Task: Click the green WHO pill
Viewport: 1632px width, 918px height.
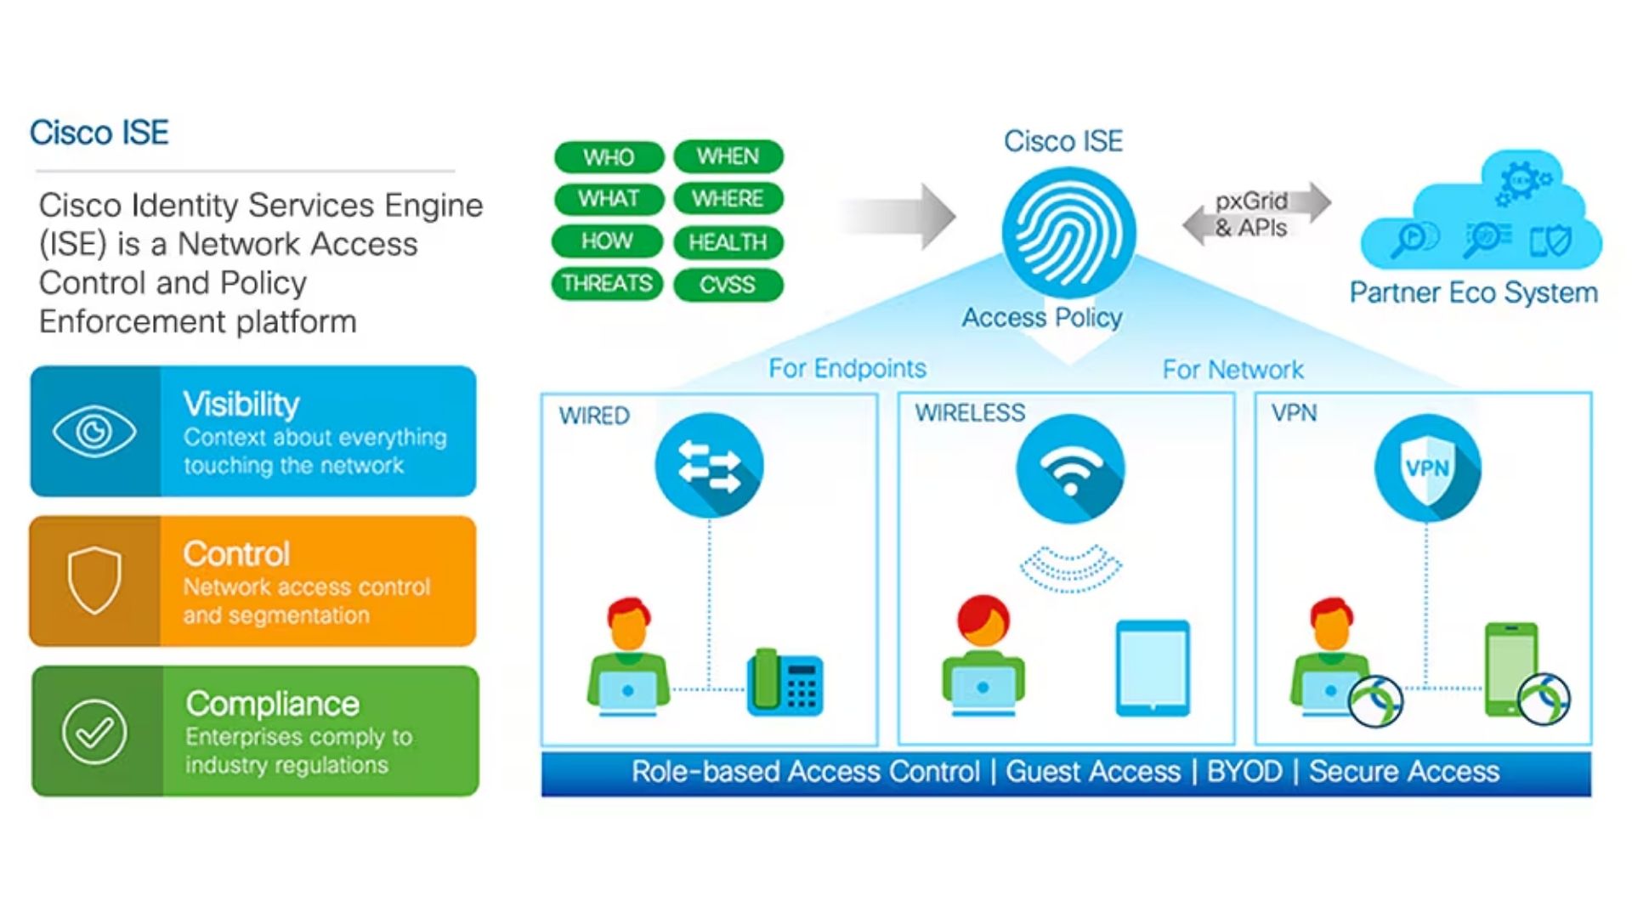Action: click(x=609, y=157)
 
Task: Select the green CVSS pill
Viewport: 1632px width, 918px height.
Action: click(x=728, y=285)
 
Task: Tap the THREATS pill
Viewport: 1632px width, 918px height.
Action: click(x=607, y=283)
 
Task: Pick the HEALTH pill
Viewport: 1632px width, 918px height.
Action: click(x=728, y=242)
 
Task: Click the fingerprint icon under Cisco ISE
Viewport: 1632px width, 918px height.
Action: click(x=1068, y=232)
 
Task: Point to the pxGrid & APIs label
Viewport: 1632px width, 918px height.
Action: click(x=1251, y=214)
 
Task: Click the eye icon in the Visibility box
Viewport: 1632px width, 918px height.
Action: click(x=94, y=432)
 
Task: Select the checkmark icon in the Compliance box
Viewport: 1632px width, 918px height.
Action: click(x=94, y=732)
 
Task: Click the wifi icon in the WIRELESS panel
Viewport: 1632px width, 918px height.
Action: click(x=1070, y=468)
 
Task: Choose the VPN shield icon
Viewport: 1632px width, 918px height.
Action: click(x=1427, y=468)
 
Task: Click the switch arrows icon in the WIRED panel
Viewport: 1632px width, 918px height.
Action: click(x=709, y=467)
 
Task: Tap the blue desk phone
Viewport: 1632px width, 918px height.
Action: click(x=785, y=683)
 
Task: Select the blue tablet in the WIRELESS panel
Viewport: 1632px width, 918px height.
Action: click(x=1153, y=669)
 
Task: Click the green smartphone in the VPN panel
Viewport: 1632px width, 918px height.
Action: click(x=1510, y=669)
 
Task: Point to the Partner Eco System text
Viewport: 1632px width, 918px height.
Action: click(x=1473, y=292)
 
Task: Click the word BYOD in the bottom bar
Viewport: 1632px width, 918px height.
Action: click(x=1244, y=772)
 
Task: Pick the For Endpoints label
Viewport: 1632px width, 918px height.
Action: click(x=847, y=368)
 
